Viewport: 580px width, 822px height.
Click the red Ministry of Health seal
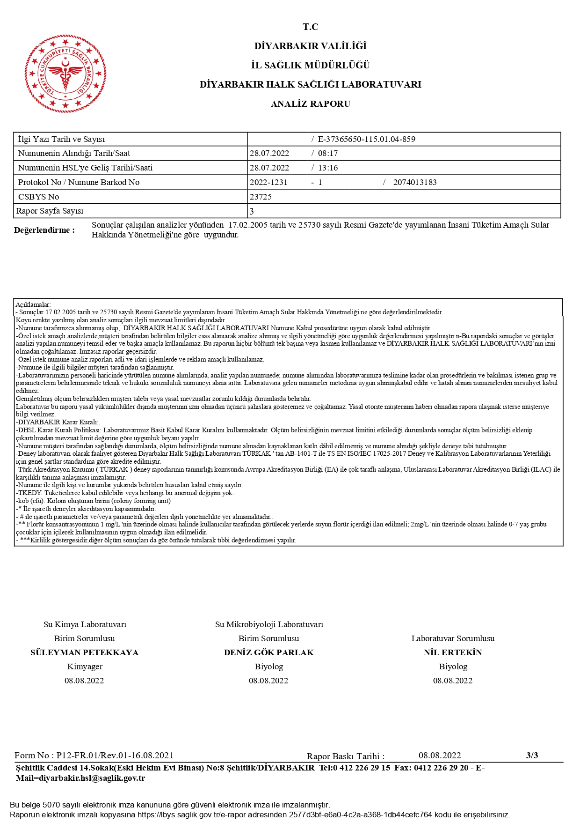pos(65,74)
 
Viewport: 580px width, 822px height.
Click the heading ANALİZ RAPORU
pos(310,104)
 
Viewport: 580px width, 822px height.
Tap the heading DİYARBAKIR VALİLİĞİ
pos(310,46)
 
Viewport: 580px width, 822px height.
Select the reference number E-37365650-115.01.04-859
pos(366,139)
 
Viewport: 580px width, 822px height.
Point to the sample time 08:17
pos(327,153)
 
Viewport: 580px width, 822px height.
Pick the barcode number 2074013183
pos(415,182)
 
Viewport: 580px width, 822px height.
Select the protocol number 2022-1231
pos(268,182)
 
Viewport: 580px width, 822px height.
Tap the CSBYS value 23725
pos(261,197)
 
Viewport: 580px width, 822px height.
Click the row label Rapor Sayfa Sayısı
pos(50,211)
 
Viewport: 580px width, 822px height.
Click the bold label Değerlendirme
pos(44,230)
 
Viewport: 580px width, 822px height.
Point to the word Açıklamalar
pos(33,304)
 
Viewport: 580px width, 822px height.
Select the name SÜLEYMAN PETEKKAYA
pos(84,652)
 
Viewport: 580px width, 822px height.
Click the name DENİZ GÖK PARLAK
pos(268,652)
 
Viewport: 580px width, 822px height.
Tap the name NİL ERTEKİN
pos(452,652)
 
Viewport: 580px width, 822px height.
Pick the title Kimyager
pos(85,666)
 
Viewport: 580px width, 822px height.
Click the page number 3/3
pos(532,755)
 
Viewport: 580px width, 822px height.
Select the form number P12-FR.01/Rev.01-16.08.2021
pos(115,755)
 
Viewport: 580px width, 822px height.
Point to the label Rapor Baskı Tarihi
pos(345,756)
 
